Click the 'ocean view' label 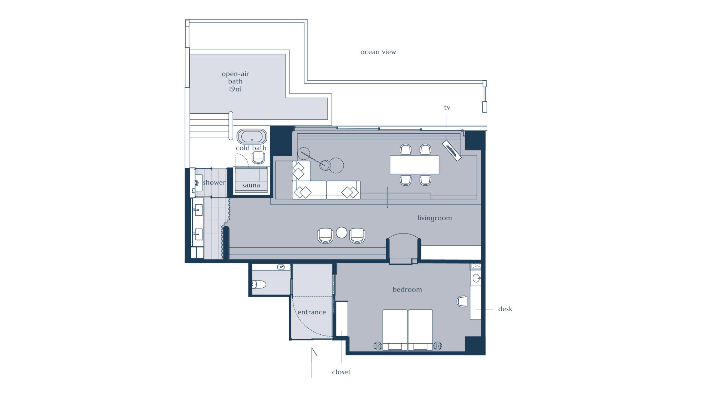378,52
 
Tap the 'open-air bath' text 235,78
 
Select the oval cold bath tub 252,137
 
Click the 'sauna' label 251,185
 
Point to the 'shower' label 214,182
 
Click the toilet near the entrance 259,284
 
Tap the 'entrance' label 312,312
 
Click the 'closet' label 341,372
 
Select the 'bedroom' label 407,289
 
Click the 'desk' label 505,309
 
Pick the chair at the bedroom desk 462,301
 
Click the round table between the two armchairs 342,232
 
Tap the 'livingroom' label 435,218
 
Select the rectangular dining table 414,165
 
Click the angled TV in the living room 452,150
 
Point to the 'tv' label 447,107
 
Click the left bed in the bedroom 395,330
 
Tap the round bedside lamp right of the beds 437,345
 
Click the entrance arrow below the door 312,363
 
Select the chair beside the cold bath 258,158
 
